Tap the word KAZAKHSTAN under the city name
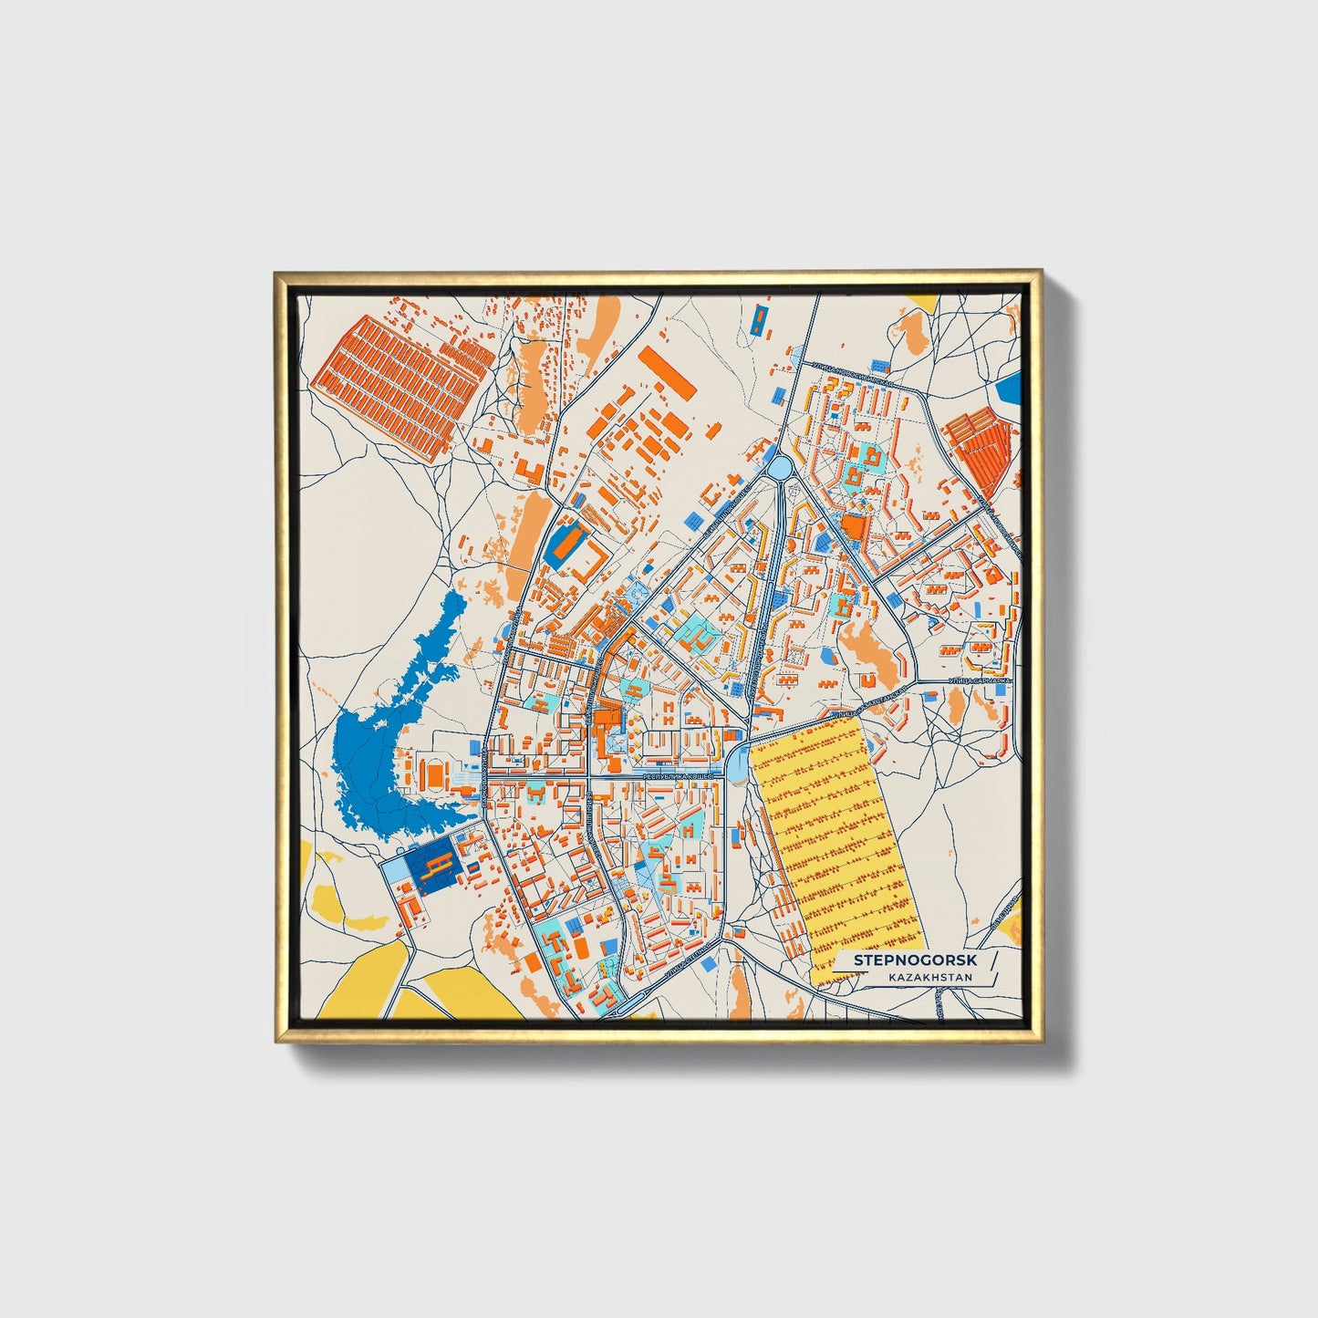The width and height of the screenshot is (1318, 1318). point(929,978)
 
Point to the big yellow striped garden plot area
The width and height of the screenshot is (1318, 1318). point(835,848)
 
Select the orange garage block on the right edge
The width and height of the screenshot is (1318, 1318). point(981,447)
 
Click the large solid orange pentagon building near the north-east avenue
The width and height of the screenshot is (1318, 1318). point(852,528)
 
